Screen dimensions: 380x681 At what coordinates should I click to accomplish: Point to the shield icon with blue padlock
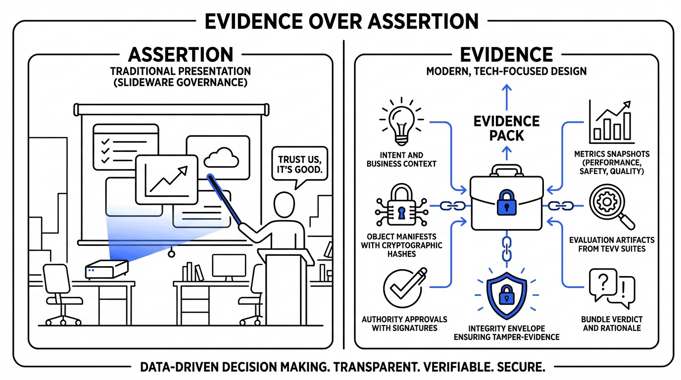[x=505, y=294]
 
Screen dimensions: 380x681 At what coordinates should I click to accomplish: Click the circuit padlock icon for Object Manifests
[x=400, y=206]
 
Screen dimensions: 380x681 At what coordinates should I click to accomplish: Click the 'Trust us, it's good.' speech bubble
[x=299, y=166]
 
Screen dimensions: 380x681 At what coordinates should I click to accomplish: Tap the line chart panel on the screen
[x=166, y=179]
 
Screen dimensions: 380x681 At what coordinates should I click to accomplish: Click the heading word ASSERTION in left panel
[x=180, y=54]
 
